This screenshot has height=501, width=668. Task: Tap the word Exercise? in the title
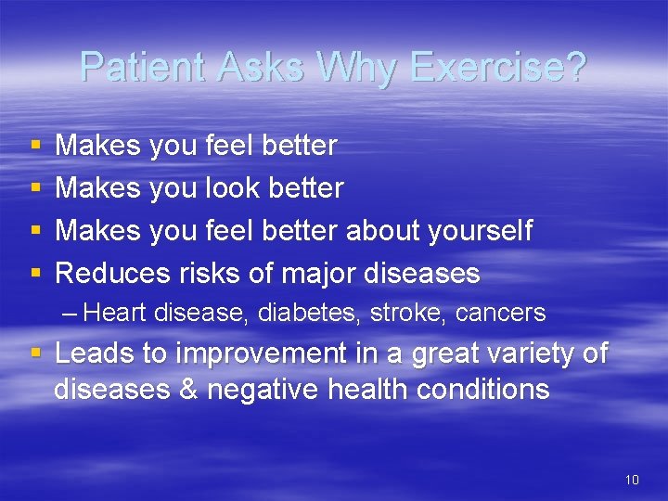tap(499, 67)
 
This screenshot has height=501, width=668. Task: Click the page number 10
tap(632, 480)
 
